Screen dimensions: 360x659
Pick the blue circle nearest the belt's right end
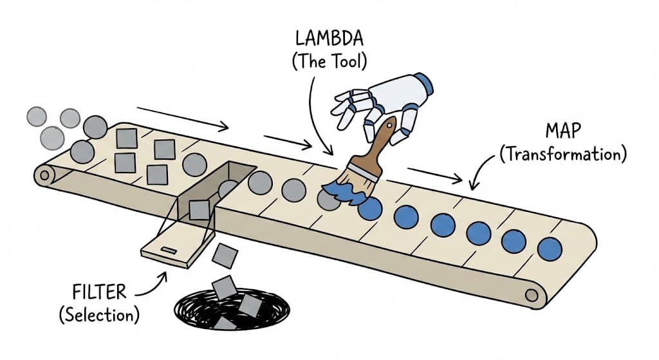549,249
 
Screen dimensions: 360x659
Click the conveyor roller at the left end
44,174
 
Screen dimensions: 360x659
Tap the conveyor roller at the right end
532,295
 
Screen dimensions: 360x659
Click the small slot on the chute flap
171,249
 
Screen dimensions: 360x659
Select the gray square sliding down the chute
200,209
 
